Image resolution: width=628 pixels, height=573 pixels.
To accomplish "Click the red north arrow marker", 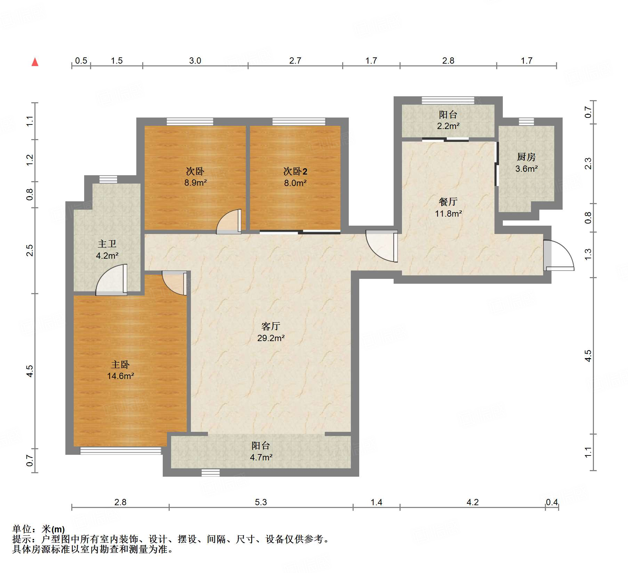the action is pyautogui.click(x=35, y=62).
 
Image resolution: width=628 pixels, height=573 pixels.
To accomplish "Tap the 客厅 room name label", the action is pyautogui.click(x=271, y=326).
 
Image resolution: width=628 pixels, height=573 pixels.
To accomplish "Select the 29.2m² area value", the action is pyautogui.click(x=271, y=338).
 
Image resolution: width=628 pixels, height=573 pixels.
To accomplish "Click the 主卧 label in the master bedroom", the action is pyautogui.click(x=120, y=364).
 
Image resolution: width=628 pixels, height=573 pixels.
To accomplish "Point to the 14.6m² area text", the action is pyautogui.click(x=121, y=376).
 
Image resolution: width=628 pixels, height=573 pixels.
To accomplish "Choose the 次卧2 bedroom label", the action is pyautogui.click(x=295, y=171).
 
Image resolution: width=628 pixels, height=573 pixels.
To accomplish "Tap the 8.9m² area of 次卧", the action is pyautogui.click(x=196, y=183).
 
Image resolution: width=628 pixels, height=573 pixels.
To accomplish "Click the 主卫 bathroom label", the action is pyautogui.click(x=107, y=244).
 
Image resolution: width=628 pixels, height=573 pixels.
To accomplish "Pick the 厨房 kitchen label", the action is pyautogui.click(x=526, y=157).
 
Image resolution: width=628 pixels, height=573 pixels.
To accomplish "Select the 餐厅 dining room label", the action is pyautogui.click(x=448, y=202).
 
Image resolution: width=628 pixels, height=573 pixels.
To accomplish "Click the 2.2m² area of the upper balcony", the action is pyautogui.click(x=448, y=126).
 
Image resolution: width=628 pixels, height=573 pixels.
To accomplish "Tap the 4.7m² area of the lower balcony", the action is pyautogui.click(x=261, y=457).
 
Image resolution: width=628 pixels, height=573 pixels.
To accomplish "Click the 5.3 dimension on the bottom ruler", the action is pyautogui.click(x=261, y=502).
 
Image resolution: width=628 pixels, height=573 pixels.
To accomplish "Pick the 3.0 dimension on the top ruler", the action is pyautogui.click(x=195, y=60).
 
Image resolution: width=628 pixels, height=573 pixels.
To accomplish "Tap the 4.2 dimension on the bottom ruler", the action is pyautogui.click(x=473, y=502).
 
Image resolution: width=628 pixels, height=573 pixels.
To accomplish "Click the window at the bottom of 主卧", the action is pyautogui.click(x=121, y=451).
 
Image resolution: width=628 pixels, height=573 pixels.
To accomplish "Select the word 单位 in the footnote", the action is pyautogui.click(x=22, y=529).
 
